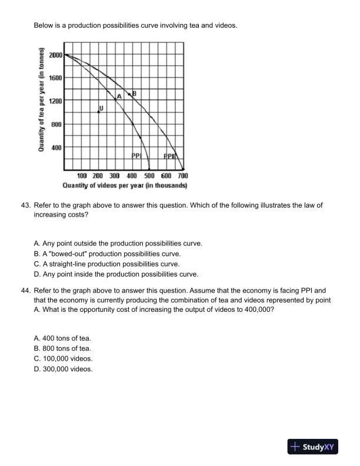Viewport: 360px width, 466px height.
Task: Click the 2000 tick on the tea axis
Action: click(x=56, y=55)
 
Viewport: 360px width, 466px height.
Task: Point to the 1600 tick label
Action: click(x=56, y=78)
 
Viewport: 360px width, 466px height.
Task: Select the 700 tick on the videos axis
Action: click(x=183, y=176)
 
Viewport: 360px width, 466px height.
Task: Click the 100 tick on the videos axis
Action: click(x=82, y=176)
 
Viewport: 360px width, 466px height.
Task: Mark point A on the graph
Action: click(x=116, y=99)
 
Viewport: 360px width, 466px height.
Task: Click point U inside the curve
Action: click(x=98, y=111)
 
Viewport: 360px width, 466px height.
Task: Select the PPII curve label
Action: click(x=169, y=157)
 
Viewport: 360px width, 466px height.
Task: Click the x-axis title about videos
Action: click(x=125, y=185)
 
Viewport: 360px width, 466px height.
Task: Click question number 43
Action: click(x=25, y=205)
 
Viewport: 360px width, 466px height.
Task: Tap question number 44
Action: click(x=25, y=290)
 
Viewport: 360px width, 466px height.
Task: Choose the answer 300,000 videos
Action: click(x=64, y=369)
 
